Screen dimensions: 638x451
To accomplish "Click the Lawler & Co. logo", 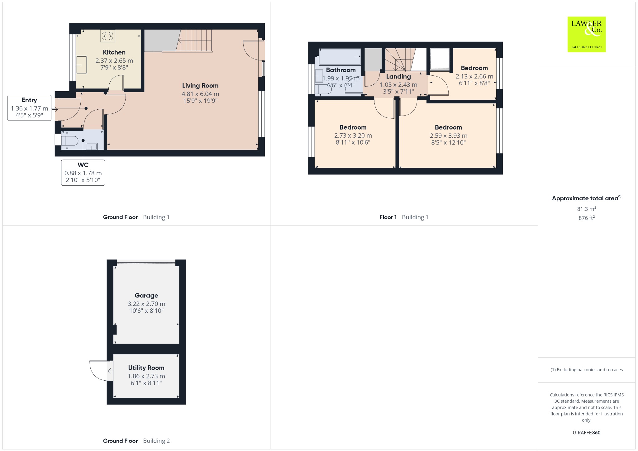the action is pos(587,34).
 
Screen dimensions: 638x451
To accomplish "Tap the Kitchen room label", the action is pos(114,52).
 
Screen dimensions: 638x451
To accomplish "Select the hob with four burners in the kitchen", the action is pos(107,36).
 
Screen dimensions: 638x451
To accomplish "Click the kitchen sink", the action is pos(82,65).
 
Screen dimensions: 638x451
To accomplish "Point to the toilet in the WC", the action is pos(69,141).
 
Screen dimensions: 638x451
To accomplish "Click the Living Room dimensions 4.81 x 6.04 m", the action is pos(200,94).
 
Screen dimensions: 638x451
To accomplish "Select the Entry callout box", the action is pos(29,108).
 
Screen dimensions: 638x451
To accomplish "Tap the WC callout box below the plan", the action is pos(83,173).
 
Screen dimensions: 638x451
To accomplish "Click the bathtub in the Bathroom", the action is pos(340,57).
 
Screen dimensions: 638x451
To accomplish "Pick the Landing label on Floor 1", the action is pos(398,77).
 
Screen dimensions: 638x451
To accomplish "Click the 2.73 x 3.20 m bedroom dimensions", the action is pos(353,135).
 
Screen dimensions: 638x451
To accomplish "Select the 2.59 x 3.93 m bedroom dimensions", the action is pos(449,135).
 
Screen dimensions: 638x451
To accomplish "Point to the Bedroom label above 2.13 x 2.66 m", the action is pos(474,68).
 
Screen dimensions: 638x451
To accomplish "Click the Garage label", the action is pos(146,296).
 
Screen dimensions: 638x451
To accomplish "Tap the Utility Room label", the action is pos(146,368).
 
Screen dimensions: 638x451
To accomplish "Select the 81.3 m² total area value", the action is pos(587,209).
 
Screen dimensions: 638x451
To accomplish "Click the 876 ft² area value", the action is pos(587,218).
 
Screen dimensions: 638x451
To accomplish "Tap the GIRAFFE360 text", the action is pos(587,433).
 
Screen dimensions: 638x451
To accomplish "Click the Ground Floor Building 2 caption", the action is pos(136,441).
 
